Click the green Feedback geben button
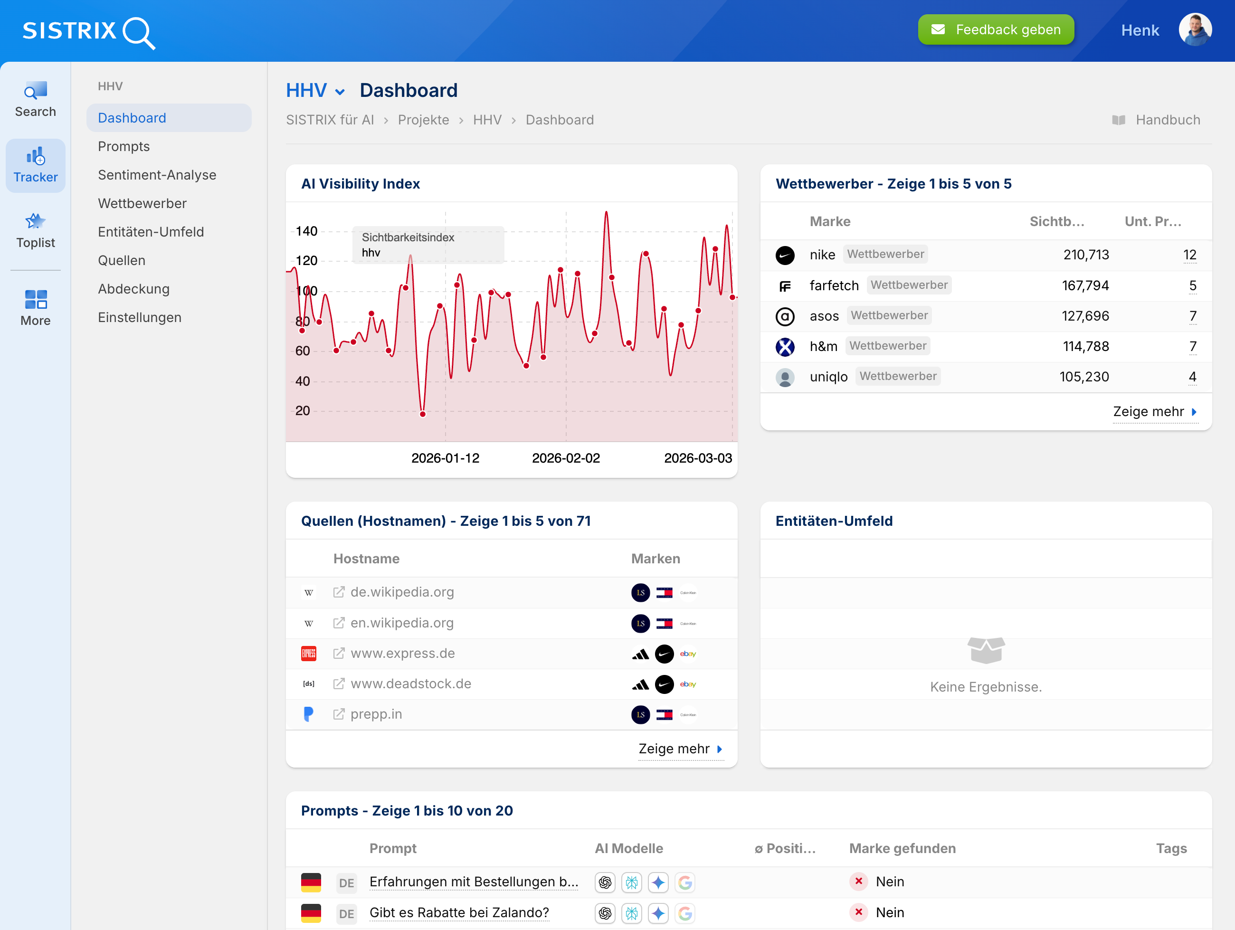tap(996, 29)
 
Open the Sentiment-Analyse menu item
tap(157, 175)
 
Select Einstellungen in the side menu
tap(140, 317)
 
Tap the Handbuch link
tap(1167, 120)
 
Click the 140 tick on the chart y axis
tap(306, 231)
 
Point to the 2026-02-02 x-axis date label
tap(566, 458)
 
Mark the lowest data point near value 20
tap(423, 414)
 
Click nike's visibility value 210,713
tap(1085, 255)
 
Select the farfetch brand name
tap(834, 285)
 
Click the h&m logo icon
tap(785, 347)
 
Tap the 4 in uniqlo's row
tap(1192, 377)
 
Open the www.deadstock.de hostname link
tap(410, 684)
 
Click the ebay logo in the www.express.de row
tap(687, 654)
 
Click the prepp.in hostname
tap(376, 714)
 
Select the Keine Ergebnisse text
tap(986, 687)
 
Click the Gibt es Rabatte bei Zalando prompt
tap(459, 912)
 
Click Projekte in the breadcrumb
tap(423, 120)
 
